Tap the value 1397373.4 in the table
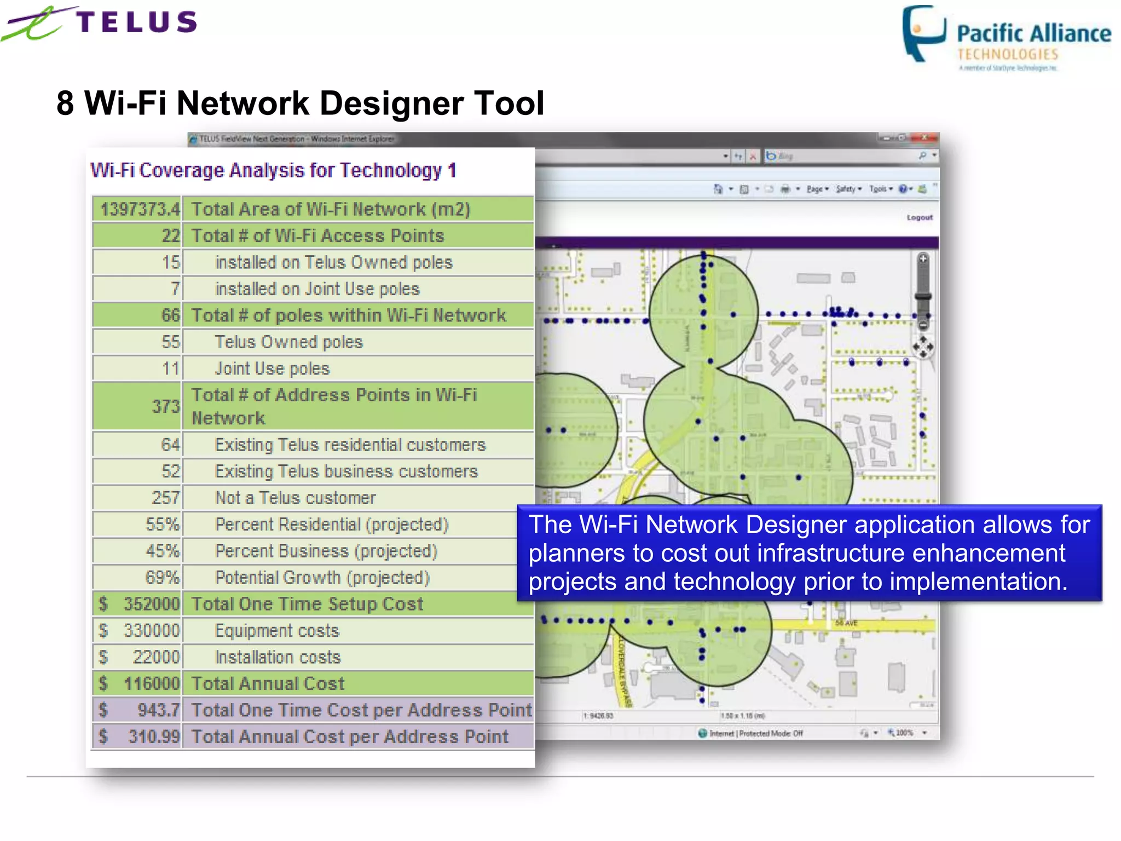pyautogui.click(x=140, y=209)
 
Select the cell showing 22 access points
pyautogui.click(x=170, y=236)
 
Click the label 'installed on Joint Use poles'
pyautogui.click(x=317, y=289)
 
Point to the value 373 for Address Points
pyautogui.click(x=166, y=406)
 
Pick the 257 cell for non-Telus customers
pyautogui.click(x=165, y=498)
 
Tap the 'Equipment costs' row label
pyautogui.click(x=277, y=631)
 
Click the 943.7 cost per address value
pyautogui.click(x=158, y=710)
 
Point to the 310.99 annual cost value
pyautogui.click(x=154, y=737)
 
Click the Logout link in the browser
pyautogui.click(x=919, y=217)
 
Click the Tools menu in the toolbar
pyautogui.click(x=880, y=189)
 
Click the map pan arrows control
pyautogui.click(x=923, y=347)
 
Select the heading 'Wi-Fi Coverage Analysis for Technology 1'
pyautogui.click(x=273, y=170)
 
